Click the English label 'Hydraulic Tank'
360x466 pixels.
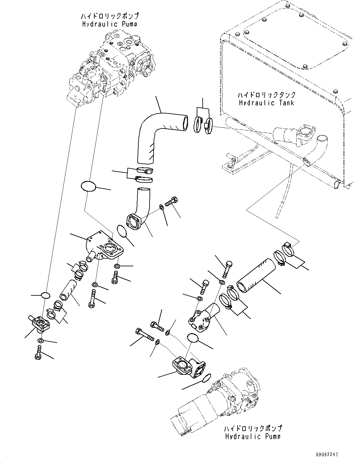266,103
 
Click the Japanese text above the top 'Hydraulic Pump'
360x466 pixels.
110,16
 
